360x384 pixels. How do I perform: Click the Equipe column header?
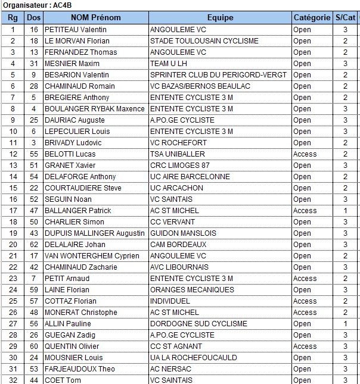(x=220, y=18)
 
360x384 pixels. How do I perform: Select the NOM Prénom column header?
(x=95, y=18)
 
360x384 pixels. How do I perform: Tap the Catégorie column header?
(x=312, y=18)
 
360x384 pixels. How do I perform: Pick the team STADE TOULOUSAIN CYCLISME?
(x=204, y=40)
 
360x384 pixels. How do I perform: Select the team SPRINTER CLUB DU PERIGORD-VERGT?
(x=218, y=74)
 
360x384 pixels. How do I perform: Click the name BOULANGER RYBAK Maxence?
(x=95, y=108)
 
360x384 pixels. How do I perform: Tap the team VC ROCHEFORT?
(x=178, y=142)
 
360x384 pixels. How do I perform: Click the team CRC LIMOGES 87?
(x=180, y=165)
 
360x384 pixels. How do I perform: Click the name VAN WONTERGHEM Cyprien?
(x=92, y=255)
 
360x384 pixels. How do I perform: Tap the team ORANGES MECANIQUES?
(x=192, y=289)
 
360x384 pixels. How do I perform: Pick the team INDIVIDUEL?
(x=170, y=301)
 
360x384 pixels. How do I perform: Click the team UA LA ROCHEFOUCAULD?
(x=193, y=357)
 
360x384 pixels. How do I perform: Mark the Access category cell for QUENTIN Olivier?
(x=305, y=346)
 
